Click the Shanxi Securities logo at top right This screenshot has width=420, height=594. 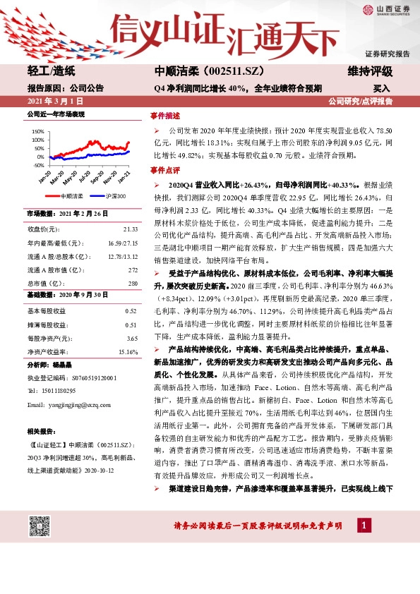pyautogui.click(x=387, y=9)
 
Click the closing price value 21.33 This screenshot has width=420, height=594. pyautogui.click(x=131, y=229)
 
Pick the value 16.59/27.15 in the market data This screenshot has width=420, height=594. pyautogui.click(x=123, y=243)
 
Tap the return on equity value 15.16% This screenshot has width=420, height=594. pyautogui.click(x=128, y=351)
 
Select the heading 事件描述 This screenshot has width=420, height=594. pyautogui.click(x=164, y=116)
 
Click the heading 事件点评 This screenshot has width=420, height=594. pyautogui.click(x=164, y=171)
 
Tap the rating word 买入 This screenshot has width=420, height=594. pyautogui.click(x=381, y=89)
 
